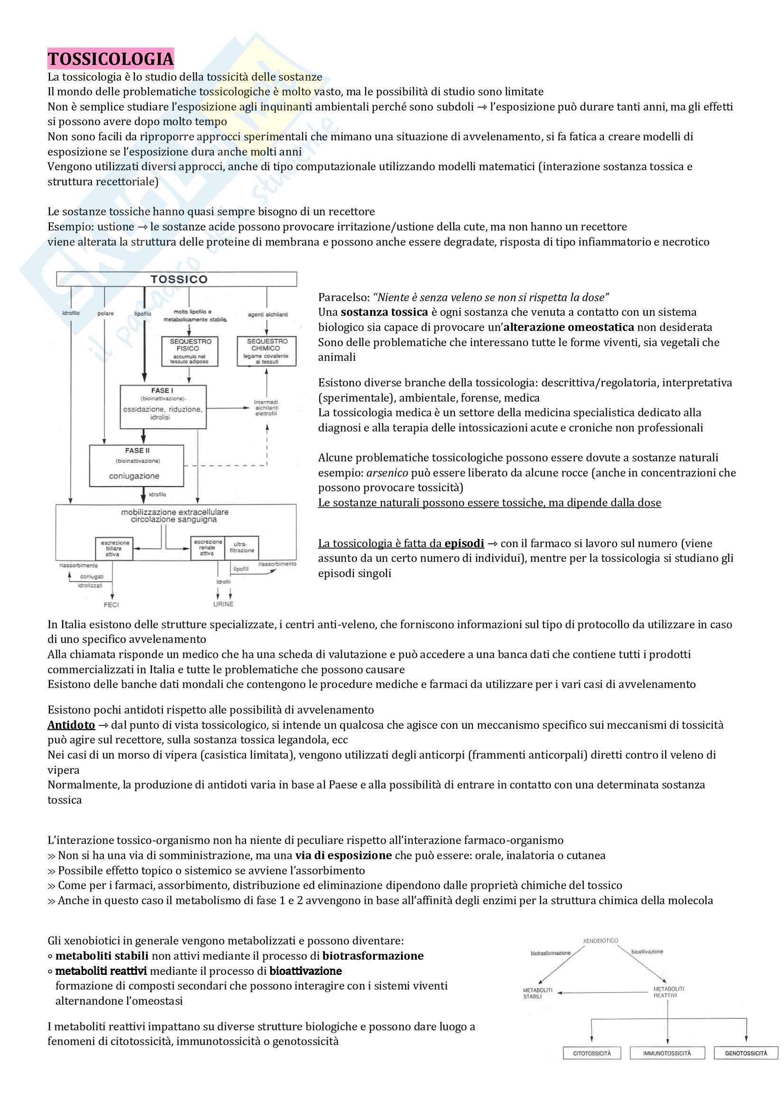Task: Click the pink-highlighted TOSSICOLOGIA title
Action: point(110,59)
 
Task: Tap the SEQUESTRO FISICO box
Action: point(190,351)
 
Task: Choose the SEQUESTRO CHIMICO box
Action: point(266,351)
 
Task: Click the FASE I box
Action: point(163,407)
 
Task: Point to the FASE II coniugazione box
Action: point(136,465)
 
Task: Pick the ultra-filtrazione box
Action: point(241,547)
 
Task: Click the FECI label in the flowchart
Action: point(111,605)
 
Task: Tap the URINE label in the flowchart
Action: point(223,604)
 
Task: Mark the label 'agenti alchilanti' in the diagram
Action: point(268,314)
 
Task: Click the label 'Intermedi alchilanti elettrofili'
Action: point(266,408)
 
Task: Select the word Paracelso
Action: point(343,298)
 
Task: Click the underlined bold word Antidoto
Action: point(71,725)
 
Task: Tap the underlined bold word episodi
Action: point(464,543)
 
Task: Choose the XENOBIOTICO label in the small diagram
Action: point(600,941)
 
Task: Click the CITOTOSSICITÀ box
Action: point(592,1054)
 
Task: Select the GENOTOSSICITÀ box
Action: point(746,1054)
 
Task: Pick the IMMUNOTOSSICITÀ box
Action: point(667,1054)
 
